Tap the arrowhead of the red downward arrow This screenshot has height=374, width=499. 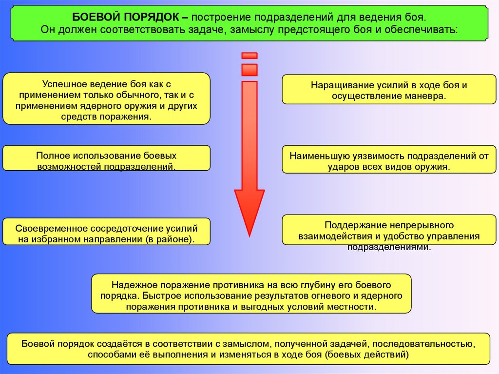click(x=249, y=210)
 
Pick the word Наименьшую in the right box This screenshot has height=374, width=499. click(x=317, y=157)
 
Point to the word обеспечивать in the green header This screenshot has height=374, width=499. click(x=428, y=29)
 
